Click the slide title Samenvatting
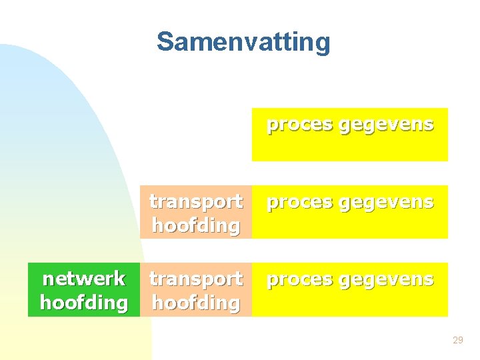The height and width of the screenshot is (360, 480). coord(243,42)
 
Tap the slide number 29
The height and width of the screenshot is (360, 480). coord(457,341)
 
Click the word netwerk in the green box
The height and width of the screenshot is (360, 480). coord(83,279)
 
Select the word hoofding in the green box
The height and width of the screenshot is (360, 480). coord(83,303)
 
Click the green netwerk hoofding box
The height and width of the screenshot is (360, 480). coord(83,290)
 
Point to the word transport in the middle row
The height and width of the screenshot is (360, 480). coord(195,201)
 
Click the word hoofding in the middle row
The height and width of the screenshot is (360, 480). coord(195,225)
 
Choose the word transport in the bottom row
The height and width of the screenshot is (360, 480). coord(195,279)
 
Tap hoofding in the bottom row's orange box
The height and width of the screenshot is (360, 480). coord(195,303)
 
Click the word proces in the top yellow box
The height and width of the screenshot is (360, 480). coord(300,125)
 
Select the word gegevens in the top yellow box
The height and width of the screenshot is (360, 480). coord(387,125)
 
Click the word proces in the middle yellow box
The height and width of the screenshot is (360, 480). coord(300,202)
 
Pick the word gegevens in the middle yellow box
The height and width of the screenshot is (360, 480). coord(387,202)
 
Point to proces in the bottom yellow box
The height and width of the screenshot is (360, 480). coord(300,279)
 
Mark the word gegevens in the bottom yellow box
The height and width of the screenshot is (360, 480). coord(387,279)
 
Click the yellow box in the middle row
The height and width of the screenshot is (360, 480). coord(349,224)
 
